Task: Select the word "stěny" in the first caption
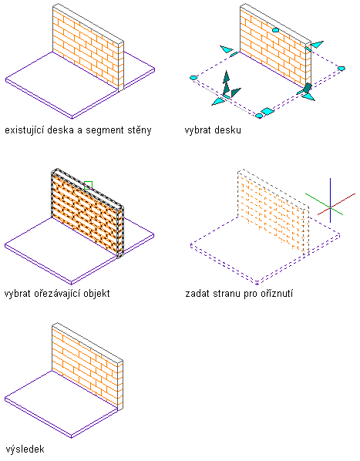pyautogui.click(x=140, y=130)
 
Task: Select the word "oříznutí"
pyautogui.click(x=276, y=293)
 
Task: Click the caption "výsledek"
pyautogui.click(x=25, y=449)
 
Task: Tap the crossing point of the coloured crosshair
pyautogui.click(x=330, y=207)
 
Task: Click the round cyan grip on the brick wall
pyautogui.click(x=275, y=30)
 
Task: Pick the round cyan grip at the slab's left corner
pyautogui.click(x=193, y=78)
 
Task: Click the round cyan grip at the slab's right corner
pyautogui.click(x=341, y=68)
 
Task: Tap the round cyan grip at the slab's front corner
pyautogui.click(x=259, y=116)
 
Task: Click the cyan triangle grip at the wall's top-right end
pyautogui.click(x=317, y=45)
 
